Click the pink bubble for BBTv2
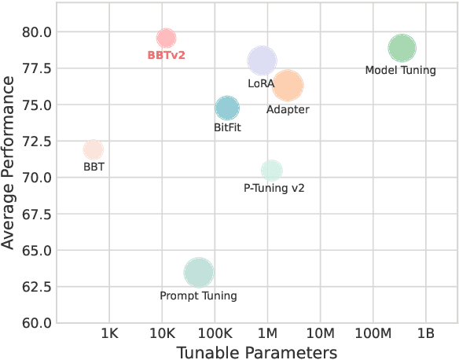tap(166, 38)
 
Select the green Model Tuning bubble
tap(401, 48)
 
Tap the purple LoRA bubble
tap(262, 61)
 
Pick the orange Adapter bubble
tap(288, 86)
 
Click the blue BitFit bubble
tap(226, 108)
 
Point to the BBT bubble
tap(94, 149)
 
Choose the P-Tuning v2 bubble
tap(271, 170)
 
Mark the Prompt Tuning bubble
tap(199, 272)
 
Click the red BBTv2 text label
tap(166, 56)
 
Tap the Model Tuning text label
tap(401, 71)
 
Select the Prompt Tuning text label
tap(198, 296)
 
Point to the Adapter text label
tap(288, 110)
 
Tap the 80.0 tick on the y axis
tap(37, 32)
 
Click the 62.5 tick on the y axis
tap(37, 287)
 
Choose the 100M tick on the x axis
tap(373, 333)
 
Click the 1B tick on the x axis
tap(426, 333)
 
